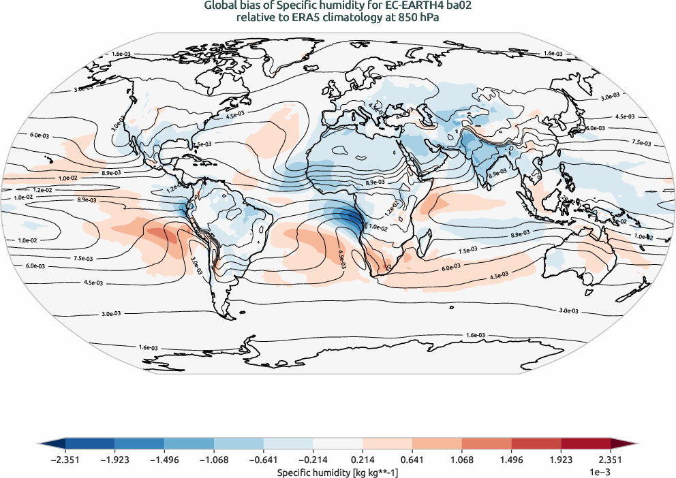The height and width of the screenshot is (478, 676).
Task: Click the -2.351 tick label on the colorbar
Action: tap(65, 459)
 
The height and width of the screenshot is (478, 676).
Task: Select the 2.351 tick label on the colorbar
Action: tap(610, 459)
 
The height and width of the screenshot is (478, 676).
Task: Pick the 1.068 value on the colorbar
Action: tap(461, 459)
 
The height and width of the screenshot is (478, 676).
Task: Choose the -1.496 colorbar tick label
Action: tap(164, 459)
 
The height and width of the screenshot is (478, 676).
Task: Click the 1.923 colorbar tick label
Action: tap(560, 459)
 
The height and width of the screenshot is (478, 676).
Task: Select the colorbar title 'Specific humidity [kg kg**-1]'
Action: tap(337, 471)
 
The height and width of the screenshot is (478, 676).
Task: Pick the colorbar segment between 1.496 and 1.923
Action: tap(536, 443)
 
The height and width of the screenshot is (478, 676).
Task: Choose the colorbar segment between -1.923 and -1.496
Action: tap(140, 443)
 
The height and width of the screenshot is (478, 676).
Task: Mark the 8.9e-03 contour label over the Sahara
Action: tap(374, 182)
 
